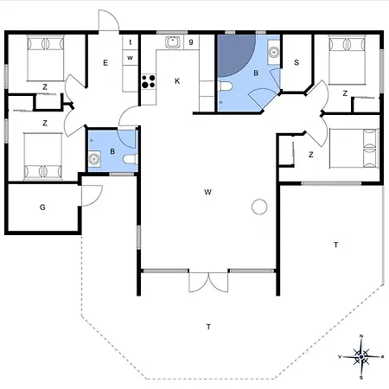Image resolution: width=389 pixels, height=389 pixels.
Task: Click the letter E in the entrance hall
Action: point(105,63)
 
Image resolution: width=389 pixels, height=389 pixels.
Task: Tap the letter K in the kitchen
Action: point(177,80)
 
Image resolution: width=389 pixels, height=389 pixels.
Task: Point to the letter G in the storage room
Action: point(42,207)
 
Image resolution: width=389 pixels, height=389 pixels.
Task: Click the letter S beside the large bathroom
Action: point(297,62)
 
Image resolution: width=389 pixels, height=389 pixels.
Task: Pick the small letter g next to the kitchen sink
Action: point(190,41)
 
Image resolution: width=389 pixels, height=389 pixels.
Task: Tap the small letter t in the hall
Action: point(131,41)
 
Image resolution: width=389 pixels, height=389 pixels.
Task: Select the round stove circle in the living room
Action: point(258,207)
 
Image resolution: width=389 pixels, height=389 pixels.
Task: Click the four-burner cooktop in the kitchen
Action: point(148,82)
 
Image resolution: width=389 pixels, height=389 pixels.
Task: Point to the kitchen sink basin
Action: point(172,41)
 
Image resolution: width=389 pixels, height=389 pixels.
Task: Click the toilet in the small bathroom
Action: point(129,159)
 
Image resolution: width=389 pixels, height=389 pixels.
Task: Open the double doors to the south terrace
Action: point(208,282)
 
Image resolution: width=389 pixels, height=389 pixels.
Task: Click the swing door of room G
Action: point(87,194)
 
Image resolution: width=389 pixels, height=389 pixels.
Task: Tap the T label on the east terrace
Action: point(335,246)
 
